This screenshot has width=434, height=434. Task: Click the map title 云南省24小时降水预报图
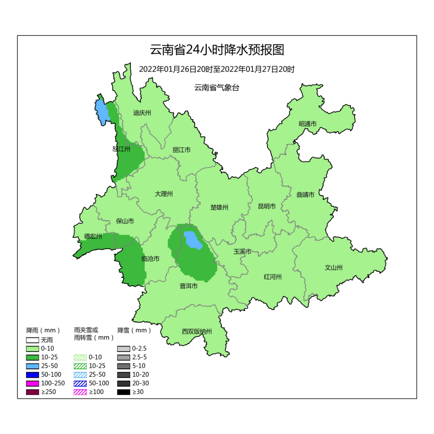217,50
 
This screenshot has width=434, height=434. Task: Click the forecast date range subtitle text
217,69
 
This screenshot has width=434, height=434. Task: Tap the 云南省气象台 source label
217,88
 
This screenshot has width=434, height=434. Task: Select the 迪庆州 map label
142,113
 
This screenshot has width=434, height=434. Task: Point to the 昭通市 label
307,124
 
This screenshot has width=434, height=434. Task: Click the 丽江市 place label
181,150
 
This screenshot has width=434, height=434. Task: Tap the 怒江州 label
121,149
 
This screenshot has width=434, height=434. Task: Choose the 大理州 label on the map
164,194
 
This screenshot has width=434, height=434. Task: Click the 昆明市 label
267,206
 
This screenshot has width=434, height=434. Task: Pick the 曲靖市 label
305,194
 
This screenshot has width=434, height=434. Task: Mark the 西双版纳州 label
197,332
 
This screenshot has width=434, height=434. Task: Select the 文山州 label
334,268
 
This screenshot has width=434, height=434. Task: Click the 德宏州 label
93,236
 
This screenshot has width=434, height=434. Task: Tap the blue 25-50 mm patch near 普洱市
192,240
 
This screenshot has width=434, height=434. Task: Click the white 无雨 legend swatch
33,340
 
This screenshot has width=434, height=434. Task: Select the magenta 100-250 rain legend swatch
33,383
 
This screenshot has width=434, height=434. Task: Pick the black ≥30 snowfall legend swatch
123,392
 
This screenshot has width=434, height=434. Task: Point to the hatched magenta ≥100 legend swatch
80,392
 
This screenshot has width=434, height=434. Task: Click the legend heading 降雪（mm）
134,330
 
